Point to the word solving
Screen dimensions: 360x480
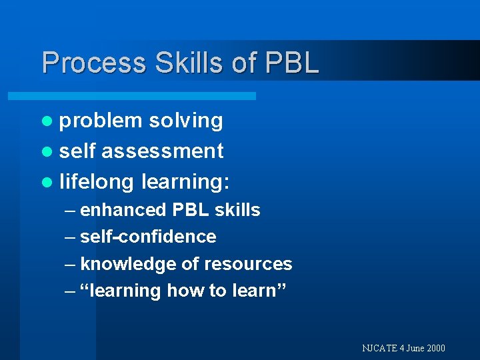click(x=186, y=121)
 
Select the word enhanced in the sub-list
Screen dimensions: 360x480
click(x=123, y=210)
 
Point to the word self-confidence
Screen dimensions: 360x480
click(x=148, y=237)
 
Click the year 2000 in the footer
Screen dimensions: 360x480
click(x=435, y=348)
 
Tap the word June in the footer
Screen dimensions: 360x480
click(x=413, y=348)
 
